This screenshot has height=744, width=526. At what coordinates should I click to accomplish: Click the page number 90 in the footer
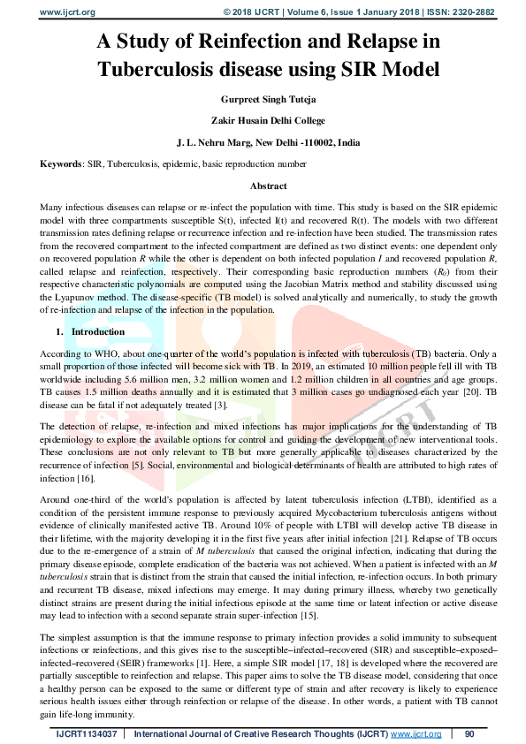[x=469, y=733]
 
